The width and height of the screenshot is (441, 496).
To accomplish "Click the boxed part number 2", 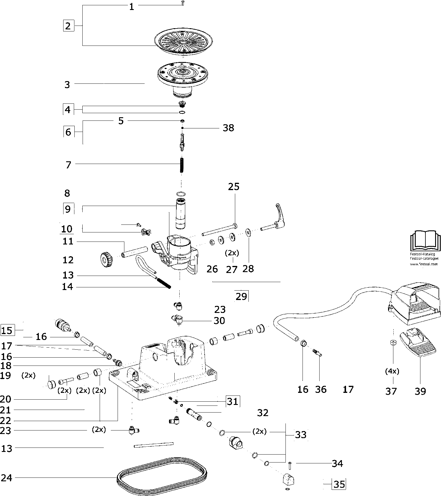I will [68, 26].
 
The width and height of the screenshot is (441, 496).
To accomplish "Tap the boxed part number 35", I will [339, 484].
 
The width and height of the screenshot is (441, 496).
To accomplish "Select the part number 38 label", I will [228, 128].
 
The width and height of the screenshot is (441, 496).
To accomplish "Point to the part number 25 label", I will [234, 187].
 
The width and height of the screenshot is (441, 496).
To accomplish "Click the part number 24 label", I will [6, 478].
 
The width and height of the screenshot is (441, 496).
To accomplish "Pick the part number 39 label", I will [420, 391].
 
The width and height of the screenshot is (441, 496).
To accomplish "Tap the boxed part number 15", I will [7, 330].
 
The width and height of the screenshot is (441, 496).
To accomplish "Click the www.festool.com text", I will [424, 264].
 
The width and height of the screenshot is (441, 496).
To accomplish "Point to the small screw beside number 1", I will [182, 4].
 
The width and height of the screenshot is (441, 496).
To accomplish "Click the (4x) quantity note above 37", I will [392, 371].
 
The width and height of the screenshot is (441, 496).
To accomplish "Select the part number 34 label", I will [337, 463].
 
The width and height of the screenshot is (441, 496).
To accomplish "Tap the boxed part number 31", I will [232, 401].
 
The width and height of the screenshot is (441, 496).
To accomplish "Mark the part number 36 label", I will [321, 389].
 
